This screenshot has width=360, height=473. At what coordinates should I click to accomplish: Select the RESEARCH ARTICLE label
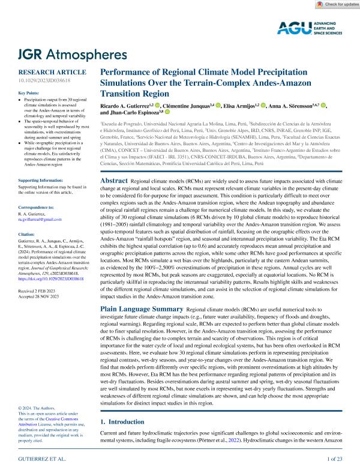[x=44, y=70]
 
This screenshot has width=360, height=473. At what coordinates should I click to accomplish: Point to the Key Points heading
[x=31, y=93]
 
